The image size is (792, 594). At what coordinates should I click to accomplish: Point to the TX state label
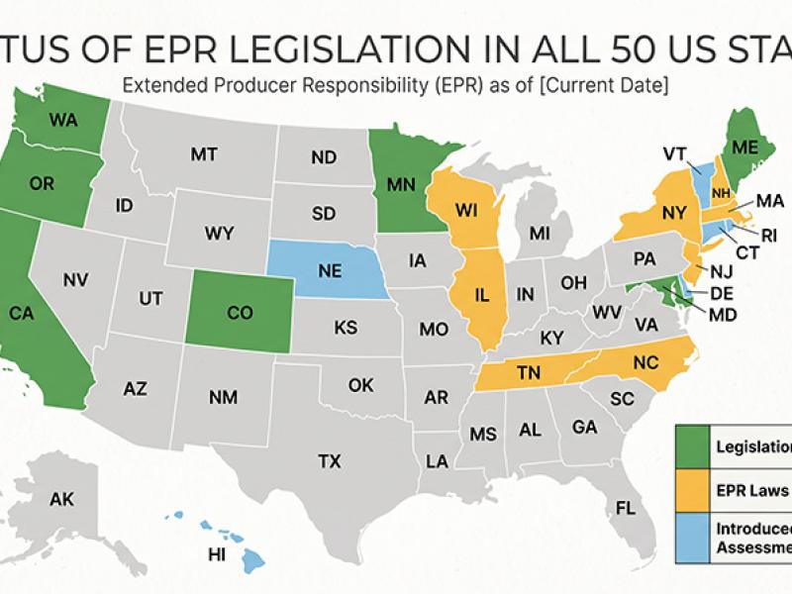coord(330,460)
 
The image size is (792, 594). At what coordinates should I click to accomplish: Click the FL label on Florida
coord(625,508)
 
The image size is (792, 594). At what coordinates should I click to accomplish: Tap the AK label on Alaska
coord(61,499)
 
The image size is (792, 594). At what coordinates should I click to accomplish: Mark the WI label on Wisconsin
coord(467,211)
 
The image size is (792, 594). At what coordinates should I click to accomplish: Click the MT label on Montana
coord(204,154)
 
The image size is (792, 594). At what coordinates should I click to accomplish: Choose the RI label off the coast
coord(769,236)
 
